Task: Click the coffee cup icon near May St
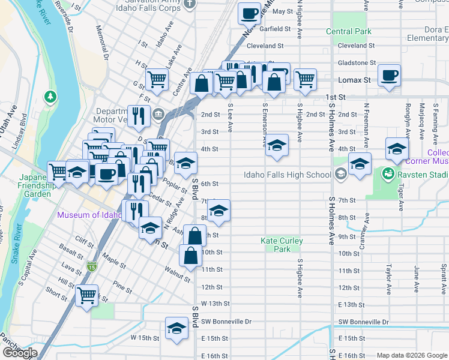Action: (x=249, y=12)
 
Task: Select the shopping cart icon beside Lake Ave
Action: (x=157, y=78)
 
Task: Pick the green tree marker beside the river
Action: (x=50, y=96)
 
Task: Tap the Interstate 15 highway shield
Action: (x=91, y=266)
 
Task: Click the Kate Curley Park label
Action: (x=282, y=245)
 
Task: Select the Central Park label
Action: (x=349, y=31)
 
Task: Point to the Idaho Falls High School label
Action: (x=287, y=175)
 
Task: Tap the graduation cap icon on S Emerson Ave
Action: (x=277, y=145)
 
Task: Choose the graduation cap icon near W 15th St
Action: (x=176, y=329)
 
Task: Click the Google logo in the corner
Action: (x=19, y=353)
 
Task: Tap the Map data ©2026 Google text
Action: (x=411, y=355)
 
